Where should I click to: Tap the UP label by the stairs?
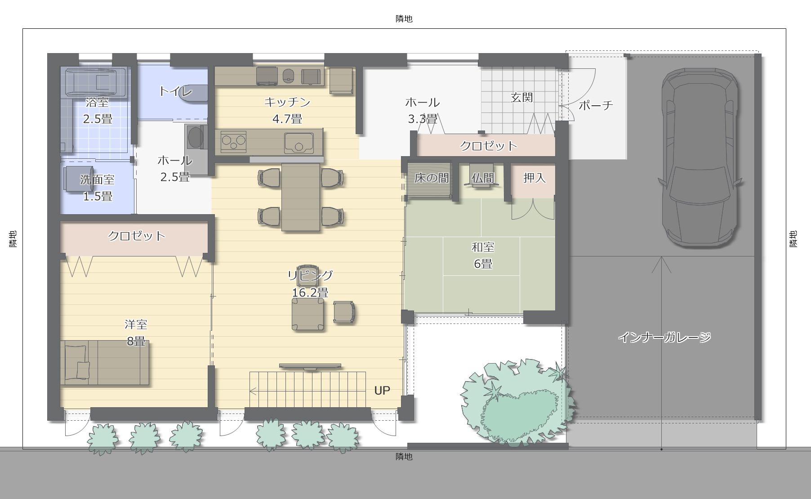(x=382, y=391)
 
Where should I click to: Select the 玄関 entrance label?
(x=522, y=97)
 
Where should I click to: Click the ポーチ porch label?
(x=596, y=105)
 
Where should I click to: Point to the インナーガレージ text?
(x=664, y=337)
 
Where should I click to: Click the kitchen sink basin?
(x=299, y=143)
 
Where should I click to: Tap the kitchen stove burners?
(x=233, y=142)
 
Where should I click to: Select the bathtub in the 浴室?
(x=95, y=81)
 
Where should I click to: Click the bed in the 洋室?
(x=105, y=363)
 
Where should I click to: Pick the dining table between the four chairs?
(x=301, y=197)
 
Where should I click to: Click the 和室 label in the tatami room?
(x=483, y=247)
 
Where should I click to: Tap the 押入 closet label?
(x=534, y=178)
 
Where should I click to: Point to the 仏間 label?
(x=482, y=178)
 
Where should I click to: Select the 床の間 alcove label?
(x=432, y=178)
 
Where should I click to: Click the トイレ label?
(x=175, y=91)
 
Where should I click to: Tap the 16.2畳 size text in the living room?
(x=310, y=292)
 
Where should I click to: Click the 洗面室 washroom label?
(x=97, y=180)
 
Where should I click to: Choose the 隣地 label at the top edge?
(x=404, y=18)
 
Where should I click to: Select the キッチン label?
(x=287, y=102)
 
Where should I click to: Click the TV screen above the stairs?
(x=310, y=366)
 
